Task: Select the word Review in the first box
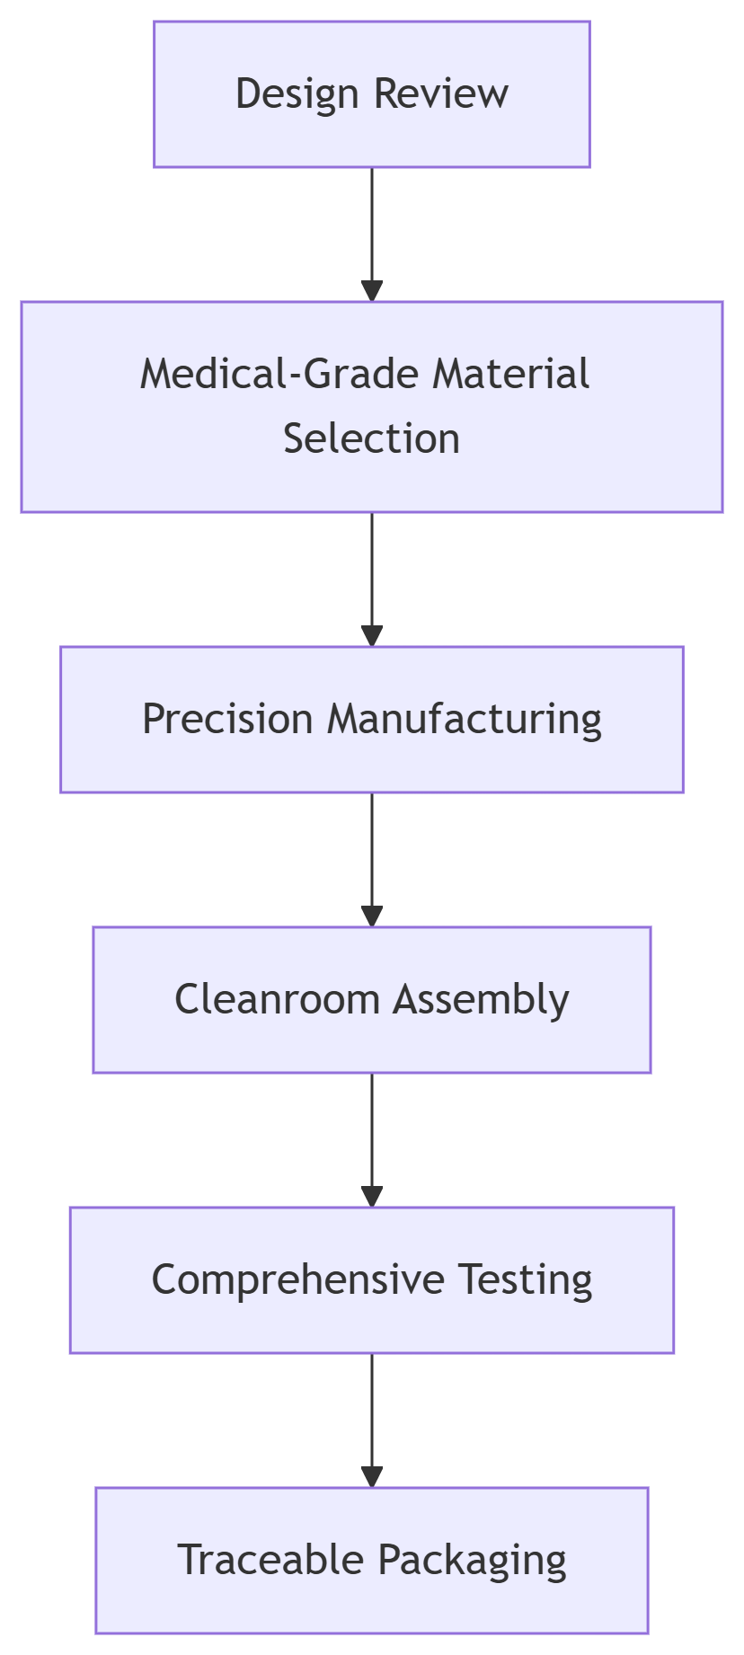(440, 94)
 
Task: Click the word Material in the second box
(510, 374)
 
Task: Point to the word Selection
(371, 438)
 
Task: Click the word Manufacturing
(464, 719)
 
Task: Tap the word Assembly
(481, 999)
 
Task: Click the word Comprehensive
(297, 1279)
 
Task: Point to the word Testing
(526, 1279)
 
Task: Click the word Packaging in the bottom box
(471, 1560)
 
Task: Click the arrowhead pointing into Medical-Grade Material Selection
(372, 291)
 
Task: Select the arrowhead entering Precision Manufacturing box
(372, 636)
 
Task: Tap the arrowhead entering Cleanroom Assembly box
(372, 916)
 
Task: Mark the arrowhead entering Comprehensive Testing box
(372, 1197)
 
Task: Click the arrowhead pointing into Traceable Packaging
(372, 1477)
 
